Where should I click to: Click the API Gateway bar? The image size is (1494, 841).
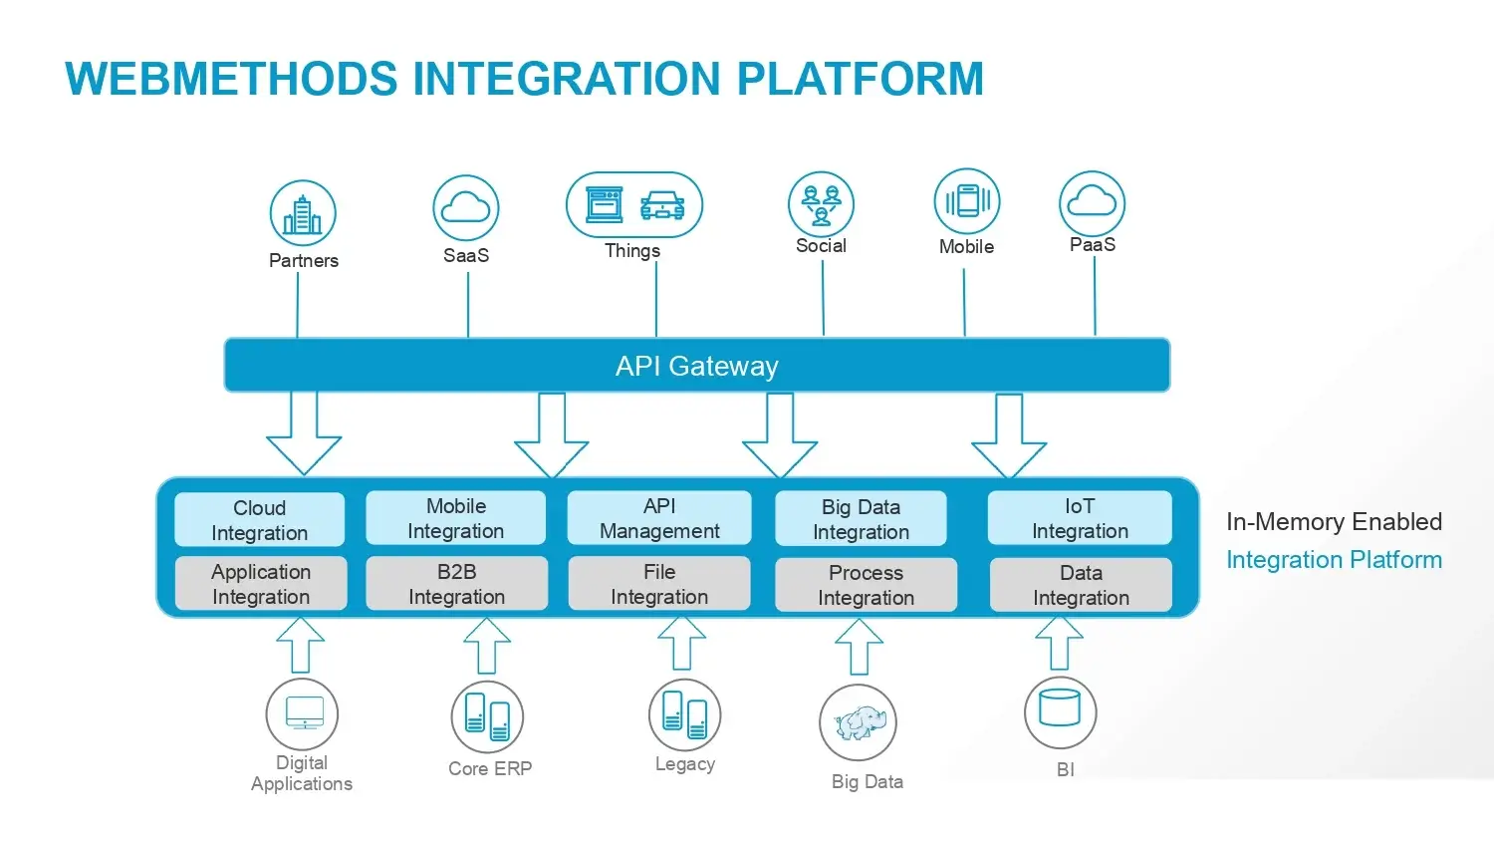[696, 366]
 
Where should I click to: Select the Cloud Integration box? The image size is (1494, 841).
[259, 520]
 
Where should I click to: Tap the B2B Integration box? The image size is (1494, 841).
[456, 584]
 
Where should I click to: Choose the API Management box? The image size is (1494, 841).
[658, 518]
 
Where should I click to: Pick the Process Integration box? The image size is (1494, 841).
[866, 585]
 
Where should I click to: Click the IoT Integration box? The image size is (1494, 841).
[1080, 518]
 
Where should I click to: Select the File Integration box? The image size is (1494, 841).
[658, 584]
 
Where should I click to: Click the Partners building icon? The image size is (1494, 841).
[303, 214]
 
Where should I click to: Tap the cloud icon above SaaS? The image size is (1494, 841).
[466, 207]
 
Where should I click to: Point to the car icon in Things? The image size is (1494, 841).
[662, 205]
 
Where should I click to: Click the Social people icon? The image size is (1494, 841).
[821, 204]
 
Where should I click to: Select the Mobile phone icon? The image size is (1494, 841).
[967, 201]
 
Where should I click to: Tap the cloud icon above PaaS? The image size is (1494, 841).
[1092, 202]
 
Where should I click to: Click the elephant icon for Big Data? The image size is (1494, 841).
[859, 723]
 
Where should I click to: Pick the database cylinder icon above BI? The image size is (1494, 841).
[1060, 708]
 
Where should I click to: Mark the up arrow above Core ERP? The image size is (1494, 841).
[487, 646]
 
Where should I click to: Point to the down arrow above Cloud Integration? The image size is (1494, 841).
[304, 433]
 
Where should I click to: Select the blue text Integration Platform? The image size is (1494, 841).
[1334, 560]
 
